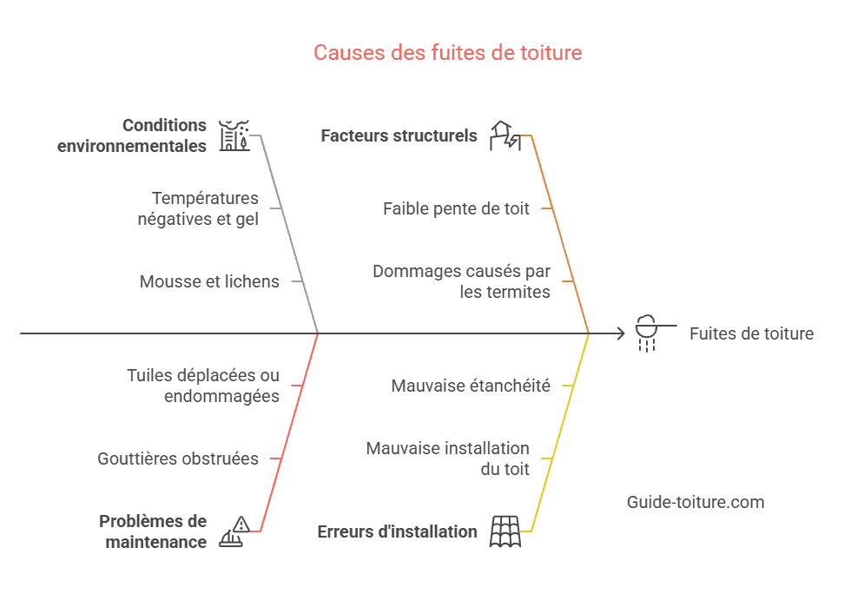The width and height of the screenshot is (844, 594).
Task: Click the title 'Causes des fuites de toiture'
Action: [x=448, y=53]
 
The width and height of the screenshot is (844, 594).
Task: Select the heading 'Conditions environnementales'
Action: [x=132, y=135]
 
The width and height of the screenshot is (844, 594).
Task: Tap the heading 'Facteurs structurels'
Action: [x=399, y=135]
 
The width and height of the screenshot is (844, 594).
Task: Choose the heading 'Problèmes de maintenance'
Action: [x=153, y=531]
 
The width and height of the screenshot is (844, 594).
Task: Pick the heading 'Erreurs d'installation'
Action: [x=397, y=531]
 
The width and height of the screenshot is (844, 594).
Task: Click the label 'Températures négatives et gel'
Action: [x=198, y=208]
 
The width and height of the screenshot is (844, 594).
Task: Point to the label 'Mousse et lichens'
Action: [x=209, y=281]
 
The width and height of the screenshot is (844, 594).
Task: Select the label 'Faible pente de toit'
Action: [x=456, y=208]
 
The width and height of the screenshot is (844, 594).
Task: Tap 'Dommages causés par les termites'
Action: [x=461, y=281]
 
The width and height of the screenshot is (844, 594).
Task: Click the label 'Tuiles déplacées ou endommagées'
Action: [x=203, y=386]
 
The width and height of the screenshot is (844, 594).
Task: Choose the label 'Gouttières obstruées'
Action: [x=178, y=459]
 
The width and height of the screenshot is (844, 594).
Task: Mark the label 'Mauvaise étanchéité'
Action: [x=471, y=386]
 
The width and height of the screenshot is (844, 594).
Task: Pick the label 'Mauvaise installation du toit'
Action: [x=447, y=459]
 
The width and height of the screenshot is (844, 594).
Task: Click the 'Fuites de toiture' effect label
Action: [x=751, y=333]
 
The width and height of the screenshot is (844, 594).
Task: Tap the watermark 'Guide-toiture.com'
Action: [x=696, y=502]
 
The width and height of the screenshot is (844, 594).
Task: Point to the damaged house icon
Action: [x=505, y=135]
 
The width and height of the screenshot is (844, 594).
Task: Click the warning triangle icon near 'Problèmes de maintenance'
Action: [x=241, y=524]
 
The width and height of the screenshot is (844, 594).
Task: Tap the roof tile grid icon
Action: [x=505, y=531]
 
